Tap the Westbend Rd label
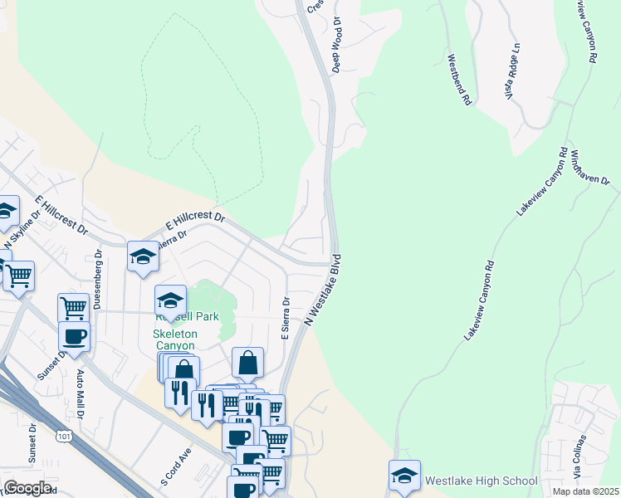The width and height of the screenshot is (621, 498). tap(459, 80)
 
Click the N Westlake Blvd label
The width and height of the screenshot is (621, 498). tap(324, 289)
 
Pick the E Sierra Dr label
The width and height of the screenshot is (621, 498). tap(285, 320)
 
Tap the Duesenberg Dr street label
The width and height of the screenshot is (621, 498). tap(97, 279)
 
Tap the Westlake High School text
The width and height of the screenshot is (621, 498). tap(481, 481)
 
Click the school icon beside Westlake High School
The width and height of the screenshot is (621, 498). tap(404, 476)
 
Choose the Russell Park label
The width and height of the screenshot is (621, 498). tap(188, 316)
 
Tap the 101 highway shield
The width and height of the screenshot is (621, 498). tap(64, 435)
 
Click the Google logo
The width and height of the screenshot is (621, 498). tap(27, 488)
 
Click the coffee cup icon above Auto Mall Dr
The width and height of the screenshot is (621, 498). tap(74, 336)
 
